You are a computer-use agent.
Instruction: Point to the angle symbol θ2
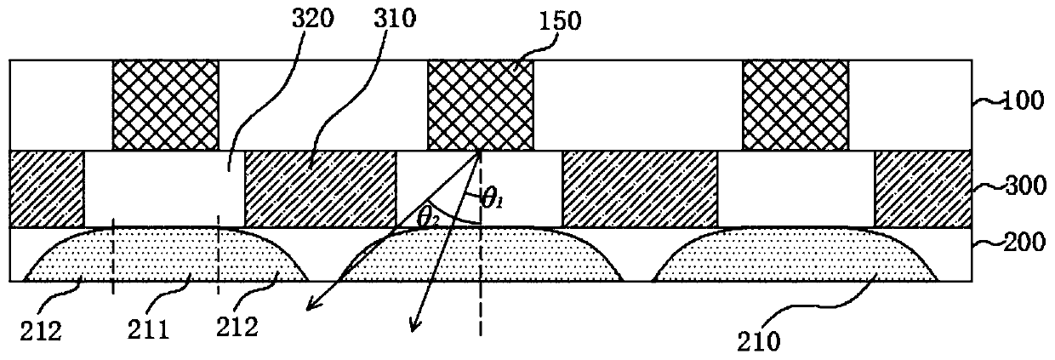(428, 217)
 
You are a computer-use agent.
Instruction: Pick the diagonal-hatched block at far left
(47, 188)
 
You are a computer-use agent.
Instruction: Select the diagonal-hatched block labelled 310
(320, 188)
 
